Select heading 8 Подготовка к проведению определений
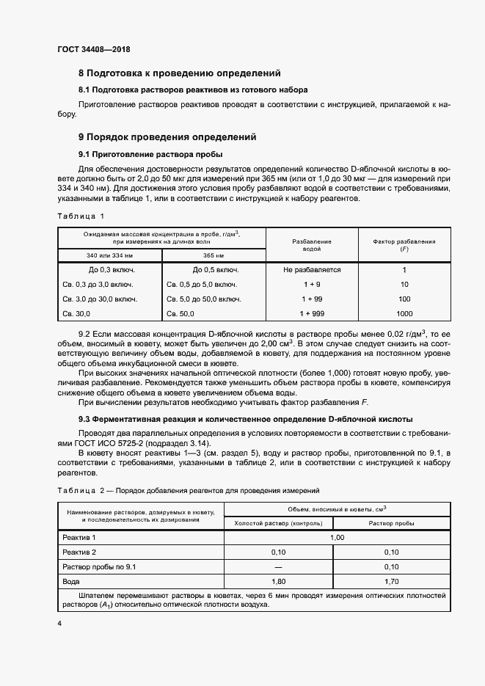(x=180, y=73)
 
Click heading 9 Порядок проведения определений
(x=167, y=136)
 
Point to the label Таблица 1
(x=81, y=216)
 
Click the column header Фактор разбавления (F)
(x=404, y=245)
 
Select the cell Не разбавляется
(x=312, y=270)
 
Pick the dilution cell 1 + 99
(x=312, y=299)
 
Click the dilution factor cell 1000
(x=404, y=314)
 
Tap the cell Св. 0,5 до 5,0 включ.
(x=202, y=285)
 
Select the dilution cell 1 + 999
(x=312, y=314)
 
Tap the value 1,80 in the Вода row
(x=278, y=580)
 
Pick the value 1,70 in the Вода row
(x=390, y=580)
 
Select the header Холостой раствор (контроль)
(x=278, y=523)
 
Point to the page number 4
(x=59, y=623)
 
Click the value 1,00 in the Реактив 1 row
(x=335, y=537)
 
